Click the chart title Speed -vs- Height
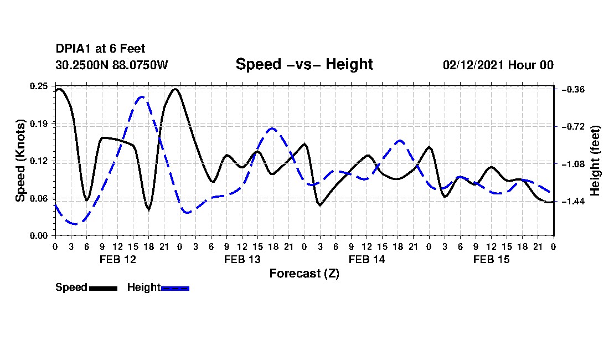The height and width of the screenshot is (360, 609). coord(304,64)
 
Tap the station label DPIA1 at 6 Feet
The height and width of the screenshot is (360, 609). coord(100,49)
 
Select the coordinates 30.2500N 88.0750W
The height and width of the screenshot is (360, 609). coord(111,65)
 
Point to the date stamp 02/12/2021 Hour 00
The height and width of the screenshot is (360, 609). coord(498,65)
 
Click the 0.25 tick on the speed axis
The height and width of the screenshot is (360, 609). coord(38,86)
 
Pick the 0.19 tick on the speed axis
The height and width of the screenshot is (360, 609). coord(38,124)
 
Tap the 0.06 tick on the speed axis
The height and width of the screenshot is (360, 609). coord(38,198)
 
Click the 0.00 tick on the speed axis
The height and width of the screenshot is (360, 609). coord(38,235)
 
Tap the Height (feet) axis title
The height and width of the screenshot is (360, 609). coord(595,161)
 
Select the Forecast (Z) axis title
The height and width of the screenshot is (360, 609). coord(304,274)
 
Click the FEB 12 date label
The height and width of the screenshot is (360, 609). coord(118,259)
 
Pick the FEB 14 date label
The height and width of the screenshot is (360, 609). coord(367,259)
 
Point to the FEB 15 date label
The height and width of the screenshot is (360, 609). coord(491,259)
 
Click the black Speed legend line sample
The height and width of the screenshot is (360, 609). coord(103,288)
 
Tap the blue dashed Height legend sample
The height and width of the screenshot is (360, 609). coord(175,288)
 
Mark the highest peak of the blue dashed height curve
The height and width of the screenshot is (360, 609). coord(142,96)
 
